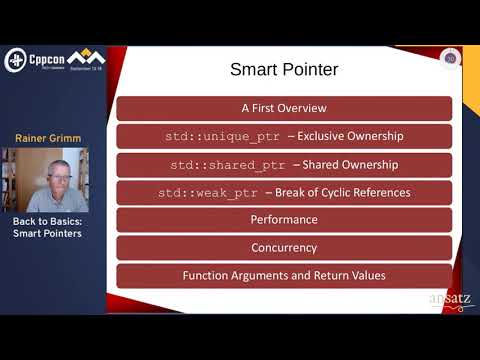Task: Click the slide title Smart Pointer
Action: pos(284,70)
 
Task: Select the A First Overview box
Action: pos(284,108)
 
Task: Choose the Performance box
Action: pos(284,219)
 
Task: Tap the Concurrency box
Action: pos(284,247)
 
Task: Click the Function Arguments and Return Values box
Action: pos(284,275)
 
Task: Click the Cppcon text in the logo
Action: pos(47,56)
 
